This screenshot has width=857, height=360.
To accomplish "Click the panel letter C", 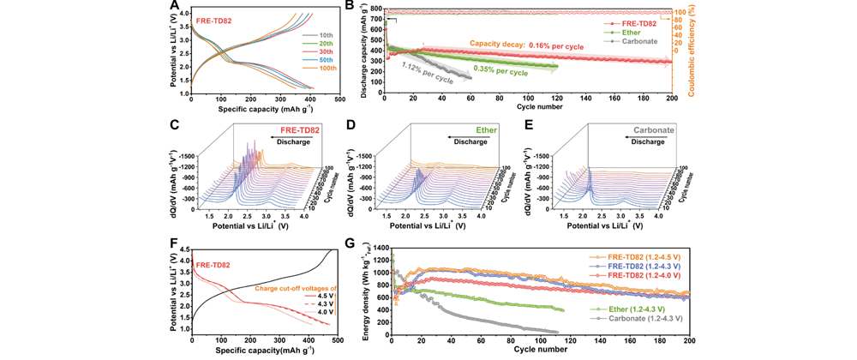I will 174,123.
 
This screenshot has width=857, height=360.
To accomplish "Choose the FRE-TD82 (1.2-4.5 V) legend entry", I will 636,257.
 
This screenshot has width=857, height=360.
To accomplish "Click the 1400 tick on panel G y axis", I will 379,246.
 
